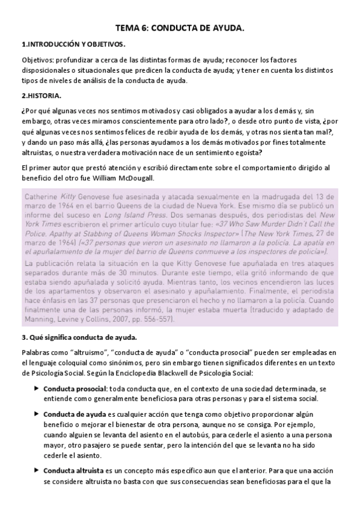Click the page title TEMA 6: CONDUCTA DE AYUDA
pyautogui.click(x=180, y=28)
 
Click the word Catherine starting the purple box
pyautogui.click(x=41, y=196)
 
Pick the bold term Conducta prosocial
pyautogui.click(x=71, y=389)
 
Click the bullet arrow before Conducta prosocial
pyautogui.click(x=37, y=389)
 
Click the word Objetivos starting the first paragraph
pyautogui.click(x=37, y=61)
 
